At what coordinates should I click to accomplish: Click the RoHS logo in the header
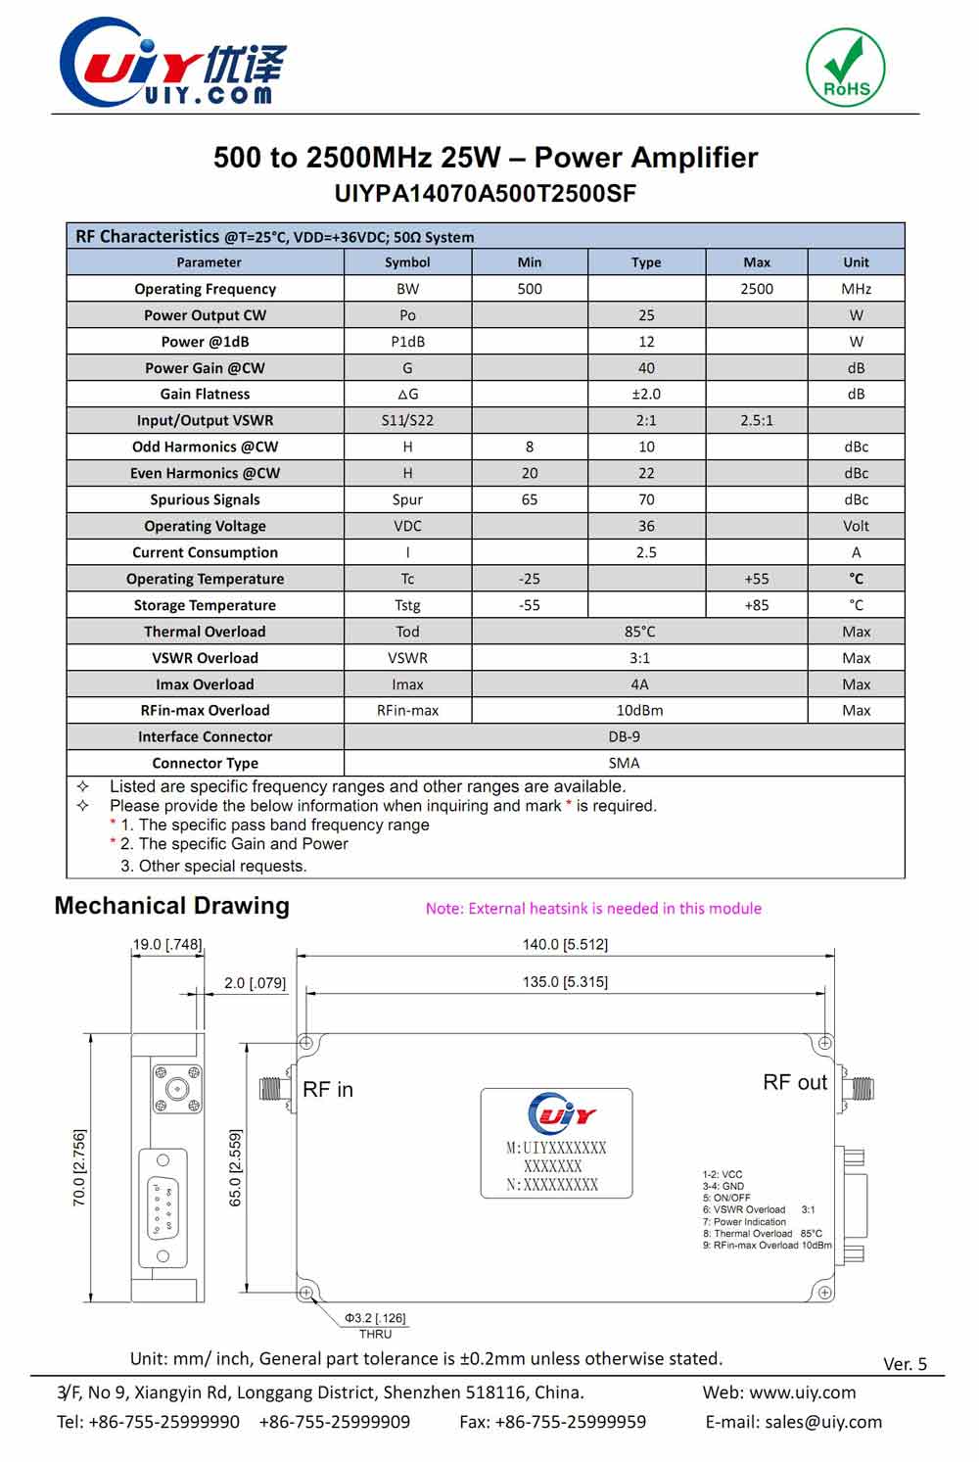846,67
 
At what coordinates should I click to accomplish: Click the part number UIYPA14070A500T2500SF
486,193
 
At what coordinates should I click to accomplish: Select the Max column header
757,262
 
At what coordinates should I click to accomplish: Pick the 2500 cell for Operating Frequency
757,289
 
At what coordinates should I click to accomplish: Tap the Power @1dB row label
206,342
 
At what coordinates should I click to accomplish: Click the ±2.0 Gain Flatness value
646,394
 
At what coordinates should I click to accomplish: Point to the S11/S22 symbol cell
407,420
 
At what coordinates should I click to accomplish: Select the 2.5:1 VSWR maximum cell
757,420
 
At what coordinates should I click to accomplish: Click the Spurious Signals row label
206,499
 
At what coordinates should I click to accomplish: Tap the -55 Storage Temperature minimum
530,605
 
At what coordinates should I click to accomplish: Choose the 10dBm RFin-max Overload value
639,710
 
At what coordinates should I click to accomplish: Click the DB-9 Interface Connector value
625,736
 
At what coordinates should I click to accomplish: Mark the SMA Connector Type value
625,763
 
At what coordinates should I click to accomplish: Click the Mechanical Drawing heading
172,906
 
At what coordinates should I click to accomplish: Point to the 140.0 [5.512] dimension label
565,944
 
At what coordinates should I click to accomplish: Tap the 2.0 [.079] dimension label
255,982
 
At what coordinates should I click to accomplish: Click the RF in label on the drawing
328,1090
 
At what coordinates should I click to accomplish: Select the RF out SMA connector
859,1088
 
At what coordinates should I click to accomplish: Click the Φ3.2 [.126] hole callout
375,1318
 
